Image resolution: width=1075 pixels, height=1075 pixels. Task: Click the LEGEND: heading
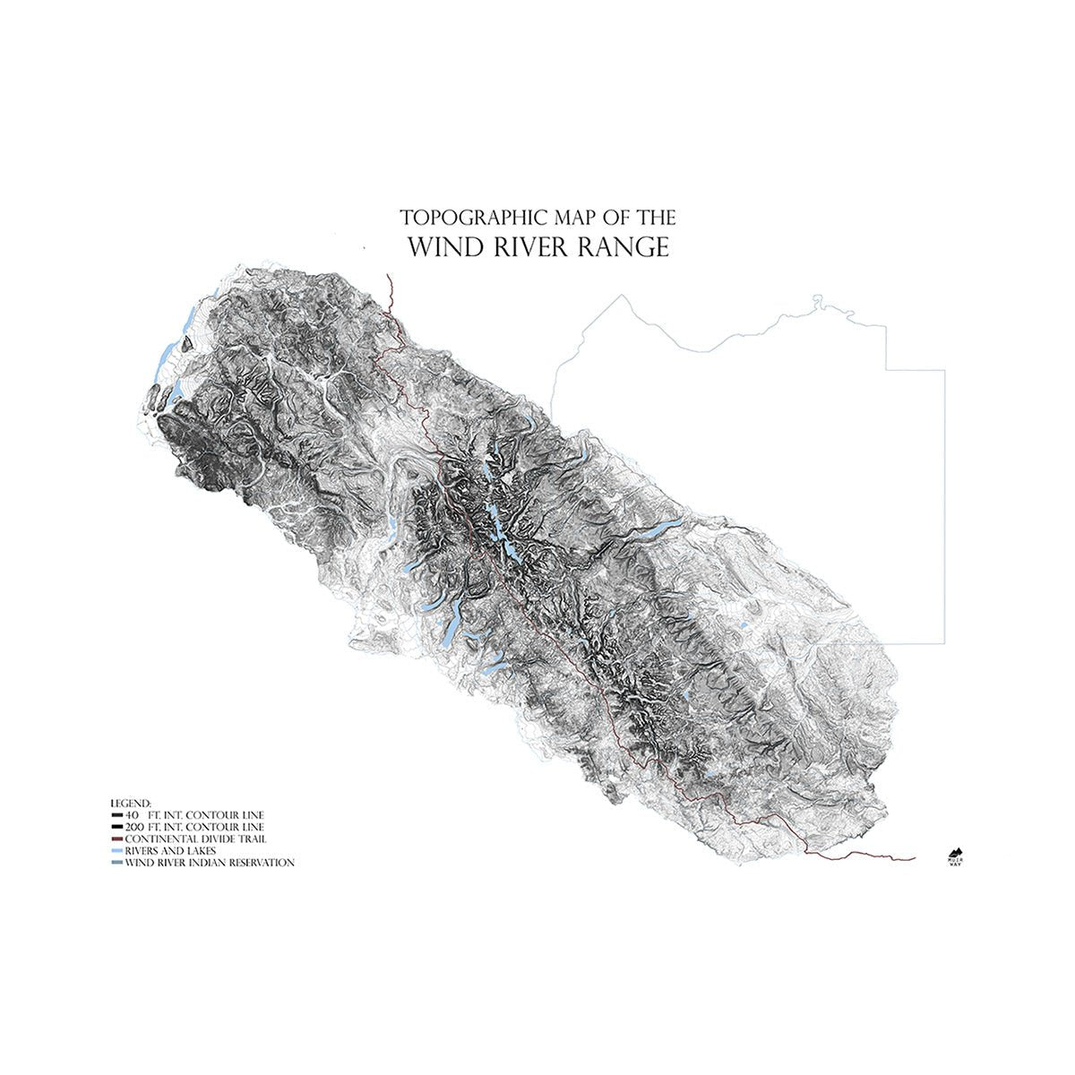pos(131,802)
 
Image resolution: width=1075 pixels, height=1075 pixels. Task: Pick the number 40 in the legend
pos(133,814)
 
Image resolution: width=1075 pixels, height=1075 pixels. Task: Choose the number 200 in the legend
pos(136,826)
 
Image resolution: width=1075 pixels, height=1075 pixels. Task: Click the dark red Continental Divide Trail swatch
pos(116,838)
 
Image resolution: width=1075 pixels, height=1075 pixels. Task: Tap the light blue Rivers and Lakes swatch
pos(116,850)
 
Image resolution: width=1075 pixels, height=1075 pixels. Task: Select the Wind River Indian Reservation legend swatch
pos(116,863)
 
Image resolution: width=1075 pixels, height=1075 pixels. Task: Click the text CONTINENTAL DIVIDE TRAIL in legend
pos(197,838)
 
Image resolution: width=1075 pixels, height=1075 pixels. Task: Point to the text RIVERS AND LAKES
pos(170,850)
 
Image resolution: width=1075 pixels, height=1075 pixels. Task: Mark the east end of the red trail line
pos(914,858)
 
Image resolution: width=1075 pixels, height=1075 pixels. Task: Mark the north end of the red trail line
pos(387,274)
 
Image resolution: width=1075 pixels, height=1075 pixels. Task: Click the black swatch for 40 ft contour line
pos(116,815)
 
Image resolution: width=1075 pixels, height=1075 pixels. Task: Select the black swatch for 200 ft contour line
pos(116,827)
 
